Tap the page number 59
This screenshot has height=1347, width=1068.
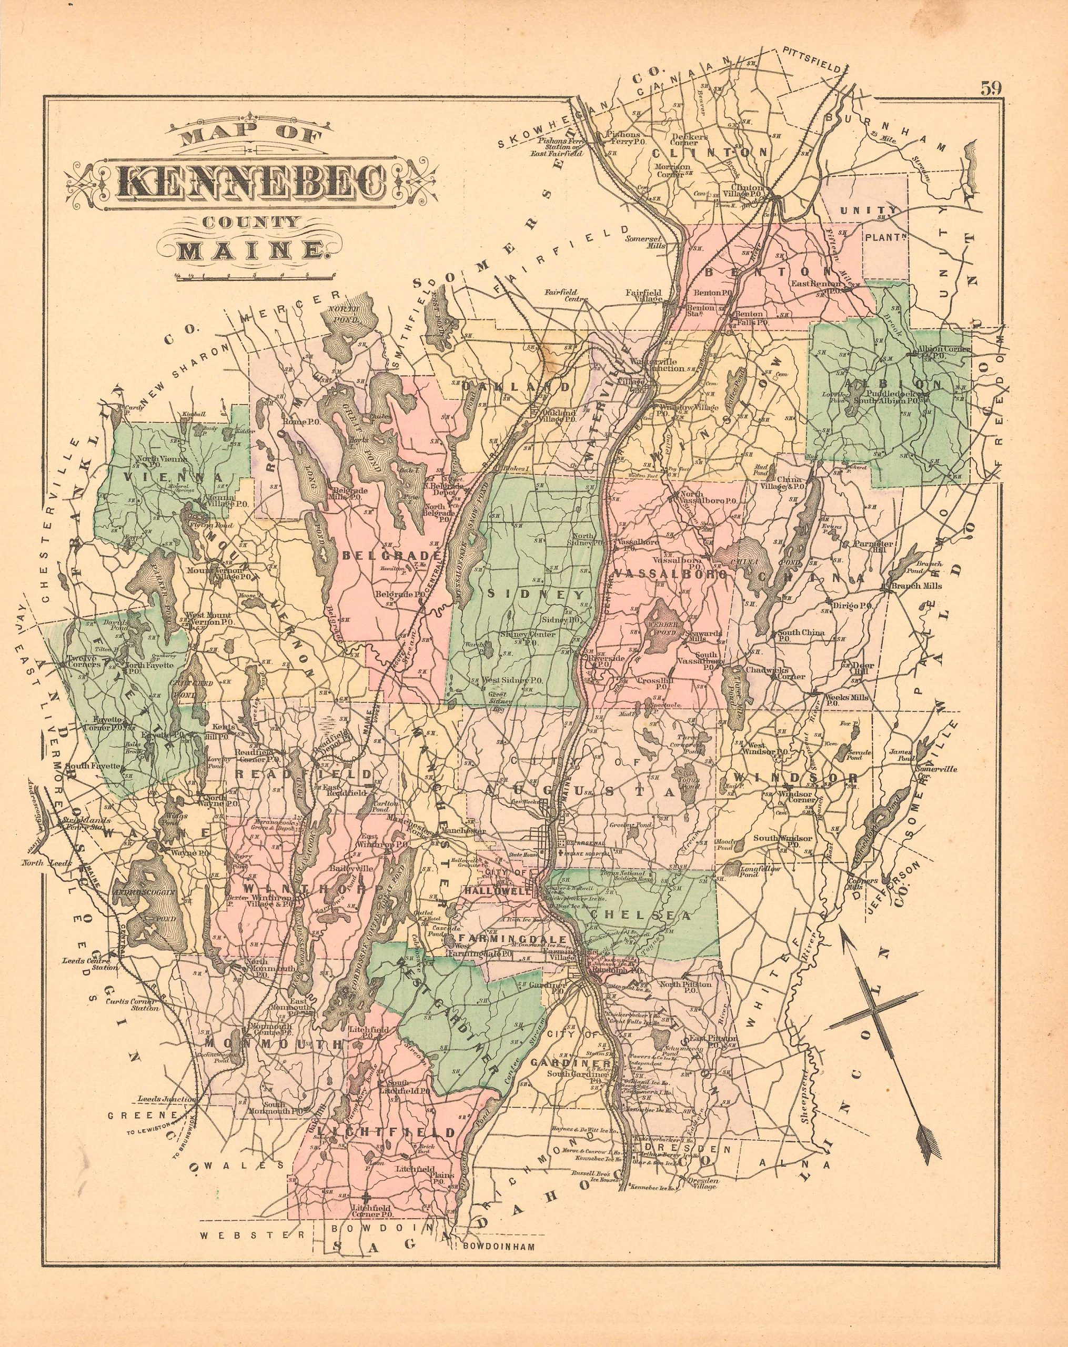[x=991, y=88]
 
